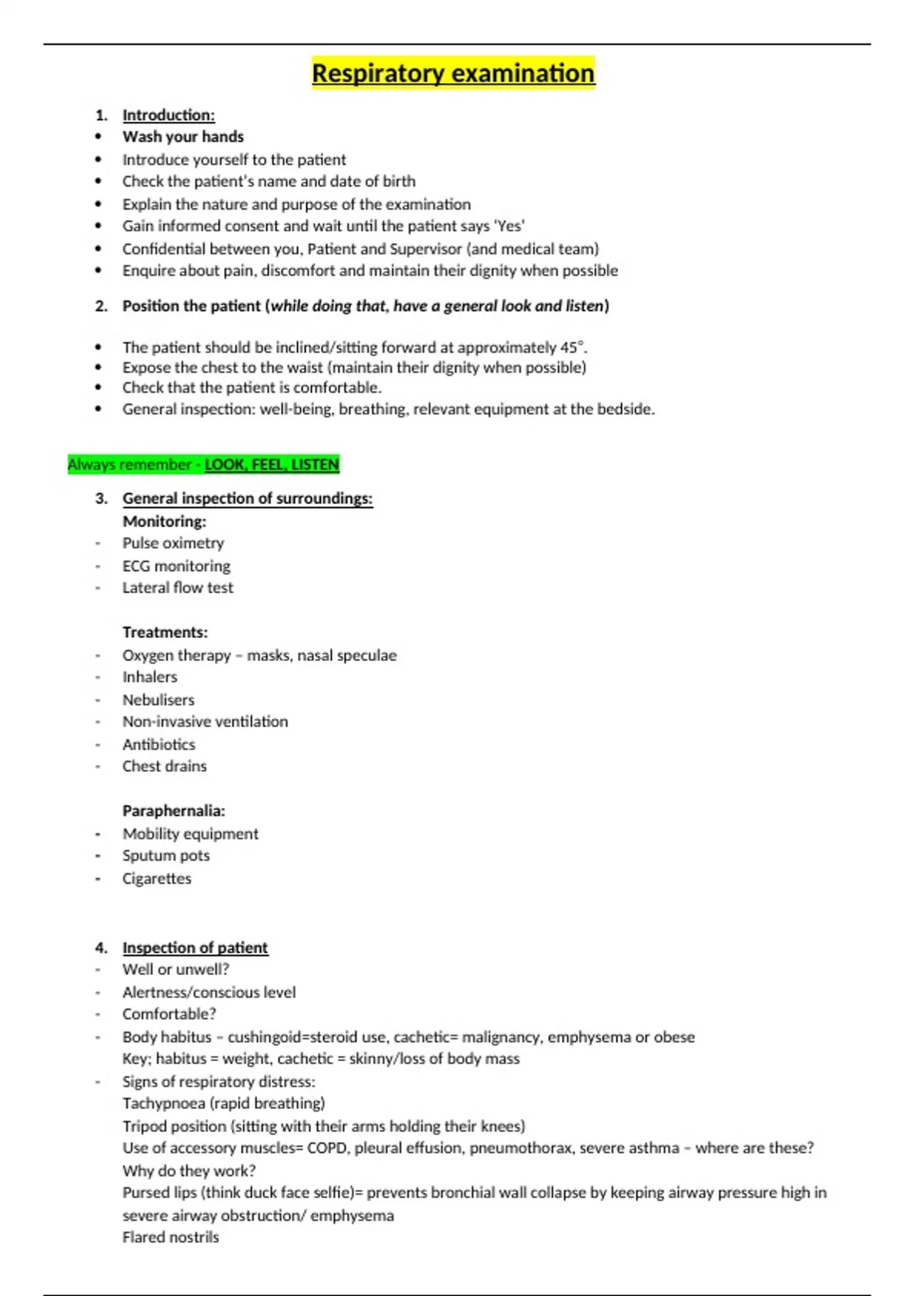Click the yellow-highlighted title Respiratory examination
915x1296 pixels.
(453, 73)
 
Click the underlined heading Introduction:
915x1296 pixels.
(169, 115)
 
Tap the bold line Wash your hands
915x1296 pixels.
(183, 136)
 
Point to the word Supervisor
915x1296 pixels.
(426, 249)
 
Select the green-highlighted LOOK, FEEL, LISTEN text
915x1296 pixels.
(271, 464)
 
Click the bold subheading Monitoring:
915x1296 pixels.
(164, 521)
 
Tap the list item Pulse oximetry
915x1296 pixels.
(173, 543)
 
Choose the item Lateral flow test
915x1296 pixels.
(178, 588)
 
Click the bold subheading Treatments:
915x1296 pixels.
(165, 632)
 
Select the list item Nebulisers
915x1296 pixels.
(159, 700)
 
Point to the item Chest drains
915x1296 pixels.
(165, 766)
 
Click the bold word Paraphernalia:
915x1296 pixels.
(174, 811)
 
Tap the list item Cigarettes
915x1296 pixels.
(157, 878)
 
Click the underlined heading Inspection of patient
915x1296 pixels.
(195, 948)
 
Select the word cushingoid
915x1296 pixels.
(268, 1037)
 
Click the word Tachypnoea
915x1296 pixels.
(163, 1103)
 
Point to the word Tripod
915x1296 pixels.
(145, 1126)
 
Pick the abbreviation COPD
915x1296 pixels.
(326, 1148)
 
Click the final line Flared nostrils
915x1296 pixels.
(171, 1237)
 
